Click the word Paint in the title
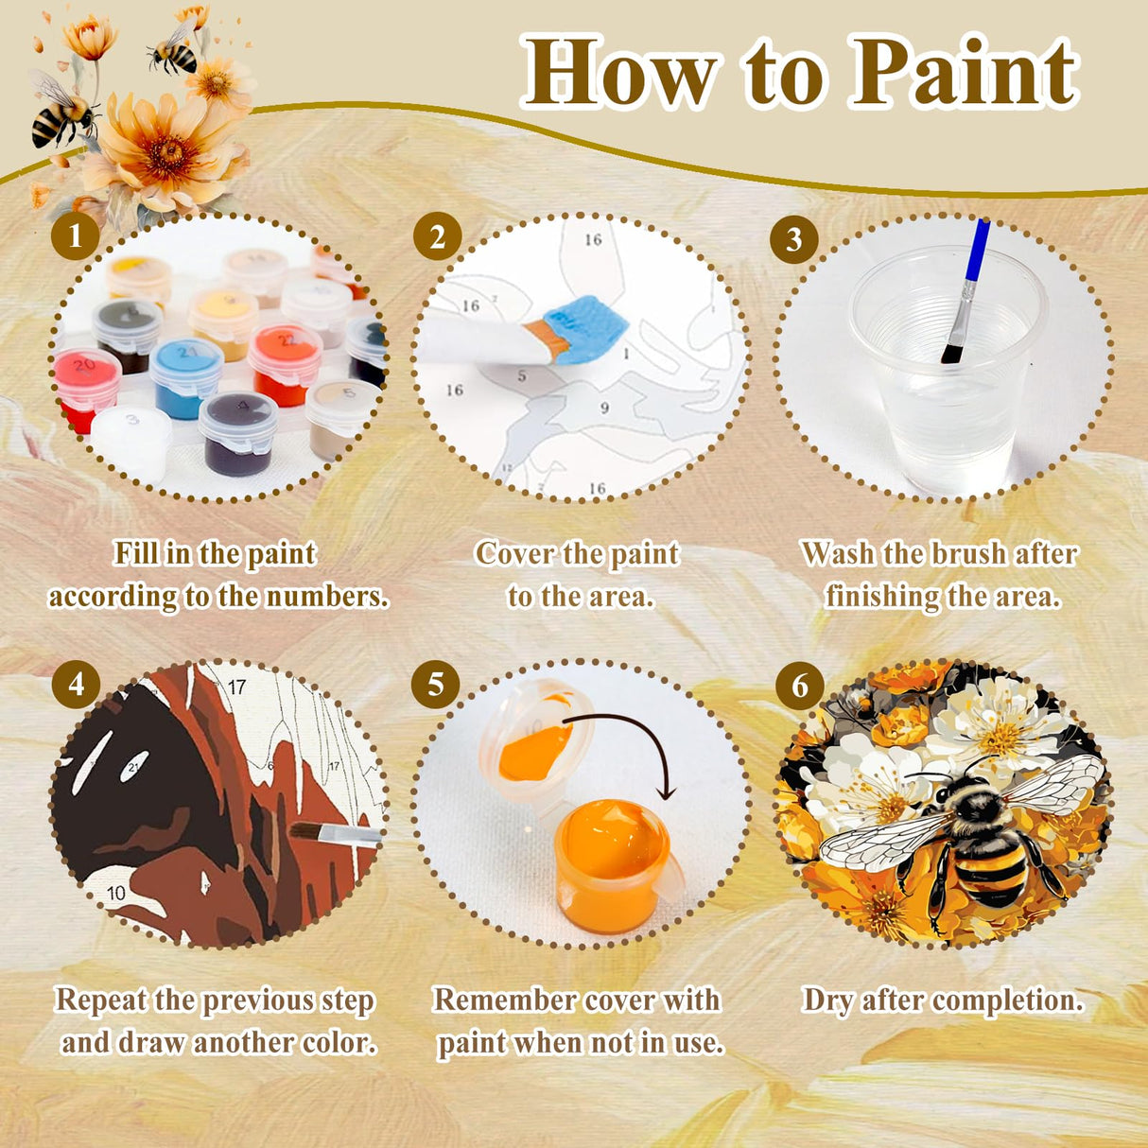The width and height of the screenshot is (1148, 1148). tap(964, 74)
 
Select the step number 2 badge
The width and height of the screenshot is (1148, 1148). tap(437, 236)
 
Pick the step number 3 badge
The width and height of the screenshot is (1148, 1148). tap(794, 239)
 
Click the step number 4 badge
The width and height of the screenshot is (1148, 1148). tap(76, 683)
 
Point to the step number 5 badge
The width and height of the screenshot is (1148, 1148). tap(435, 684)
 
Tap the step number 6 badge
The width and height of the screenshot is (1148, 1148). tap(799, 685)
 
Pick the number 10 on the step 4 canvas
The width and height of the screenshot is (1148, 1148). tap(115, 893)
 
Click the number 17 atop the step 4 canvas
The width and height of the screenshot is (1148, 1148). tap(235, 687)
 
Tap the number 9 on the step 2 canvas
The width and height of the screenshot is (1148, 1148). tap(604, 409)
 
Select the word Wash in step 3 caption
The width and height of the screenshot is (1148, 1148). tap(838, 554)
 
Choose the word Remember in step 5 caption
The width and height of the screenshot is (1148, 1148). tap(505, 1000)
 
